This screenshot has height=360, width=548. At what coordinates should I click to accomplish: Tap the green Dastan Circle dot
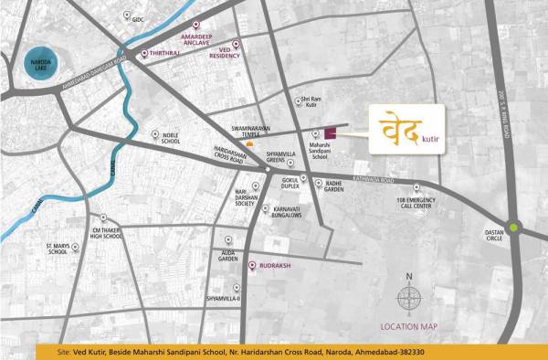coord(514,228)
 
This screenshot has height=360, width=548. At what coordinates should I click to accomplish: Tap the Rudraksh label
coord(276,266)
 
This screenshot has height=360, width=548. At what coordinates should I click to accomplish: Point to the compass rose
coord(409,297)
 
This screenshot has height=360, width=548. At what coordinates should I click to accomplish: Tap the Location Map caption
coord(407,325)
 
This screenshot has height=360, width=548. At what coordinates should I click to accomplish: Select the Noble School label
coord(171,141)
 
